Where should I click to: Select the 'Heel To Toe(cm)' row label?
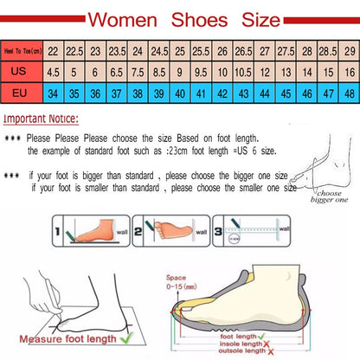[x=22, y=52]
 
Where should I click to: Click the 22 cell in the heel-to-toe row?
[x=54, y=52]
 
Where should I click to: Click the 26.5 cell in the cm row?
[x=244, y=52]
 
